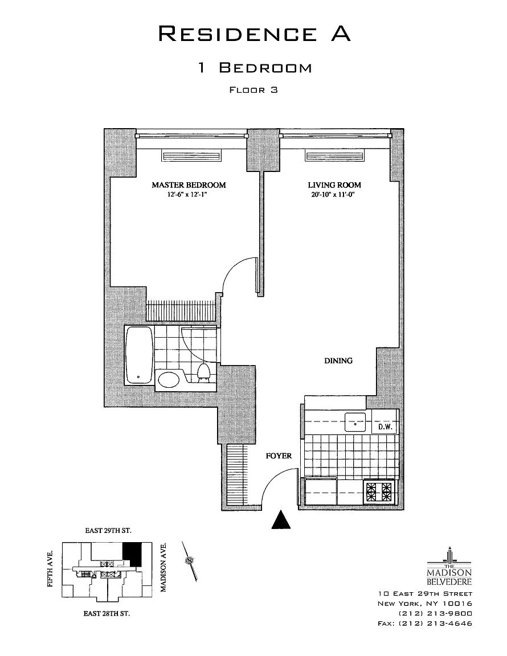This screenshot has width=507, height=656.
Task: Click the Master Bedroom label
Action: (188, 185)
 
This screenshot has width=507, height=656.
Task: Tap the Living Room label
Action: (334, 185)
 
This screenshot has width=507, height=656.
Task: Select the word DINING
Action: (338, 360)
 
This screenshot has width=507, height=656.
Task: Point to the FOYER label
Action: (279, 456)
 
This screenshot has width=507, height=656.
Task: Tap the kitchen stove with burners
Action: (379, 491)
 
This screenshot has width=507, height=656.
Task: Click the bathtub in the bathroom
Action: (139, 354)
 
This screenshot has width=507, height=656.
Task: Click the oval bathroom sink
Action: (168, 379)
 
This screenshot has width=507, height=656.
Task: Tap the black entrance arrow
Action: (280, 519)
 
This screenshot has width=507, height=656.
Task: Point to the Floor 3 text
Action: (253, 89)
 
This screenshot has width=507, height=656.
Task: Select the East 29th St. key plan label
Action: (108, 531)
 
